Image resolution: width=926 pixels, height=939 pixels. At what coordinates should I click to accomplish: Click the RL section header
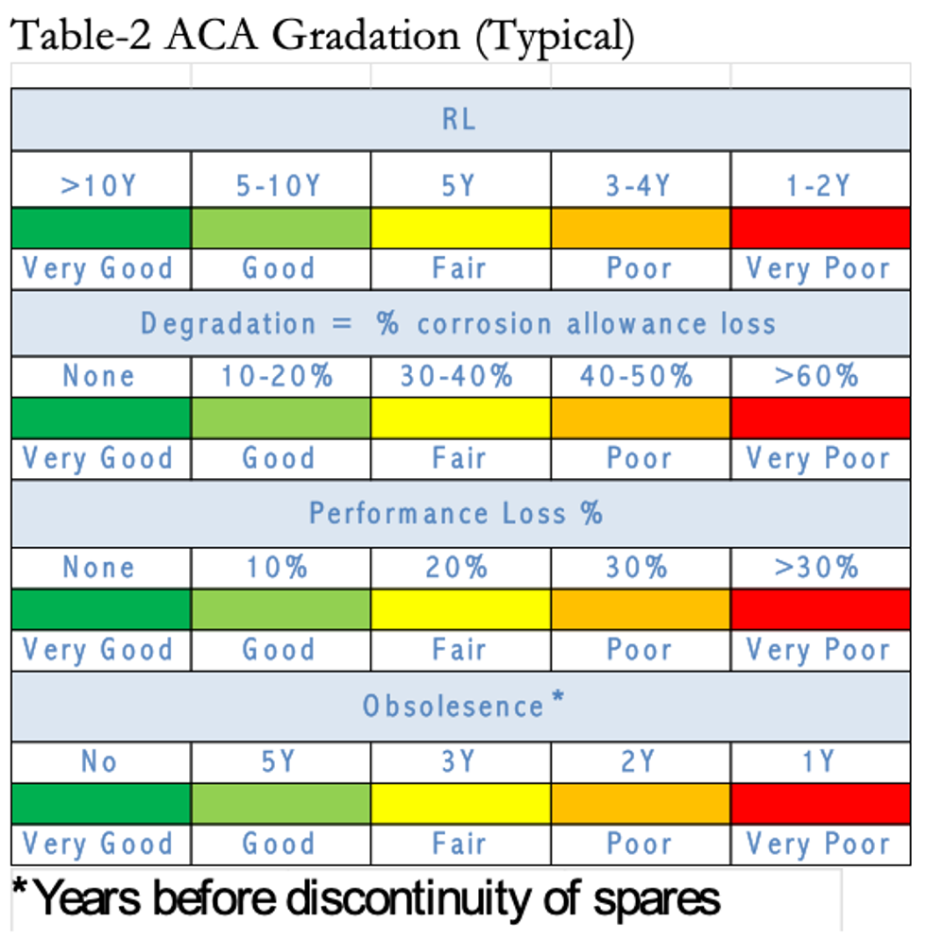[460, 119]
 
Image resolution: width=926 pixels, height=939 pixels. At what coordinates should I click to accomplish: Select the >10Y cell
[99, 185]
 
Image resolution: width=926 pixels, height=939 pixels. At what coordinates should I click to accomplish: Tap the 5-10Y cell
[280, 185]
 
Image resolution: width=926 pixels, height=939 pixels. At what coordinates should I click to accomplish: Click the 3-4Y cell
[640, 185]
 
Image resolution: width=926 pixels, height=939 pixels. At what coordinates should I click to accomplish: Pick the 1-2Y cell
[819, 185]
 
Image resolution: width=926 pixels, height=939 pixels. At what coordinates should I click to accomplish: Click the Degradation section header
[460, 324]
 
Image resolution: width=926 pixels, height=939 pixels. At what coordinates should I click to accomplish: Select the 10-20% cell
[280, 376]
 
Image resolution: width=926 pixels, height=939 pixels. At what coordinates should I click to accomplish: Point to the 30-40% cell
[459, 376]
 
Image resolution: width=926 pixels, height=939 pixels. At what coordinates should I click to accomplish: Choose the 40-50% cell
[640, 376]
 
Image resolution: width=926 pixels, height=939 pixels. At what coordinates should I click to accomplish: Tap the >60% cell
[819, 376]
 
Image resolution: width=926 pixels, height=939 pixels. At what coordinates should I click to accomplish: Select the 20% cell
[459, 568]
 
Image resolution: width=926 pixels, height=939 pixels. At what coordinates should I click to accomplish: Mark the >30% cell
[819, 568]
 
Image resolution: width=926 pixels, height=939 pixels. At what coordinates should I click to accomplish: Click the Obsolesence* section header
[460, 706]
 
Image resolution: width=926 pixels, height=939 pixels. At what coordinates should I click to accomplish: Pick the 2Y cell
[640, 761]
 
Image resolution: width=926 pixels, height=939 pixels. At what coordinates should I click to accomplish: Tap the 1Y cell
[819, 761]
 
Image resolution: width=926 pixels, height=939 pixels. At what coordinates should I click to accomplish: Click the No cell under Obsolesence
[99, 761]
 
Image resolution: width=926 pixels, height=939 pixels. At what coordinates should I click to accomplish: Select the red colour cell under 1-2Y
[819, 229]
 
